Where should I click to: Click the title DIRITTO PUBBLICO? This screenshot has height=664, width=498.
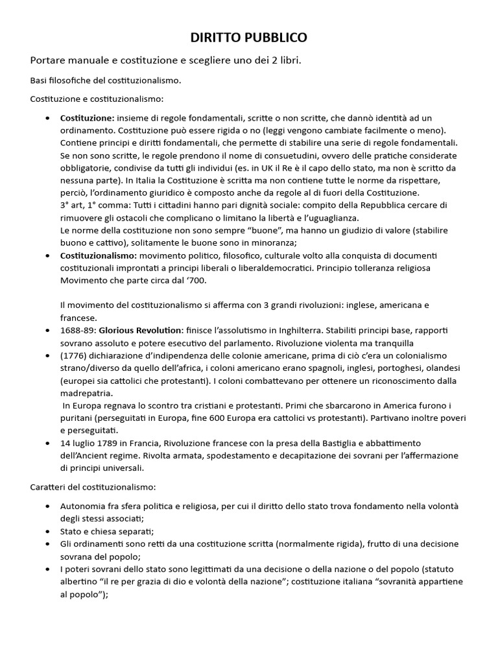click(x=248, y=38)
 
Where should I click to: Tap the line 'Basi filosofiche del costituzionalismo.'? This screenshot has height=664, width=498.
click(x=106, y=80)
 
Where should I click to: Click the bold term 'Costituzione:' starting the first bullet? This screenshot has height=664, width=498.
click(x=87, y=118)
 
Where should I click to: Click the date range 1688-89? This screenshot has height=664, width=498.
click(x=77, y=330)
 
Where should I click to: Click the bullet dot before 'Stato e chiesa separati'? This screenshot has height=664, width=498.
click(x=49, y=530)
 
